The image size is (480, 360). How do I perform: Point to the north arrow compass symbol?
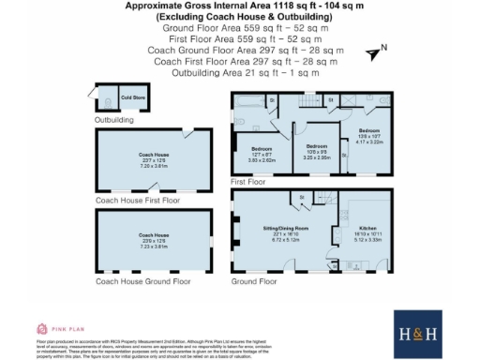tap(377, 53)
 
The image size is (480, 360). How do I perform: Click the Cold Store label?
tap(130, 97)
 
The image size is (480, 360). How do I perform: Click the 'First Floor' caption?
tap(248, 183)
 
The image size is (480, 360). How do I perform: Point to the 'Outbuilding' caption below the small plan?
tap(113, 120)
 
